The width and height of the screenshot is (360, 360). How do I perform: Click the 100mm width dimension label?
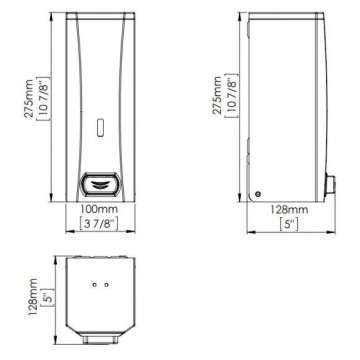click(x=99, y=210)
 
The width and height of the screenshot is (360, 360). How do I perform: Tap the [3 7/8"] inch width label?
click(x=99, y=223)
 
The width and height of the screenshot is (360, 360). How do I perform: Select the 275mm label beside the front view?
click(x=30, y=99)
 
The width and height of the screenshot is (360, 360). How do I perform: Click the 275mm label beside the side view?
click(x=217, y=95)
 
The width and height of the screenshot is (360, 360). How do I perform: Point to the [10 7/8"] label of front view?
click(x=44, y=99)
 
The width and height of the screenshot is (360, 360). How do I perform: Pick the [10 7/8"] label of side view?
click(x=232, y=95)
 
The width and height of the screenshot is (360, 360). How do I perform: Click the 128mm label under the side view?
click(x=289, y=210)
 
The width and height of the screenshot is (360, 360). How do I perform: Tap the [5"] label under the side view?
click(x=289, y=224)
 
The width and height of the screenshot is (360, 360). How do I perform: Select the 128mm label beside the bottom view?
click(x=33, y=298)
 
